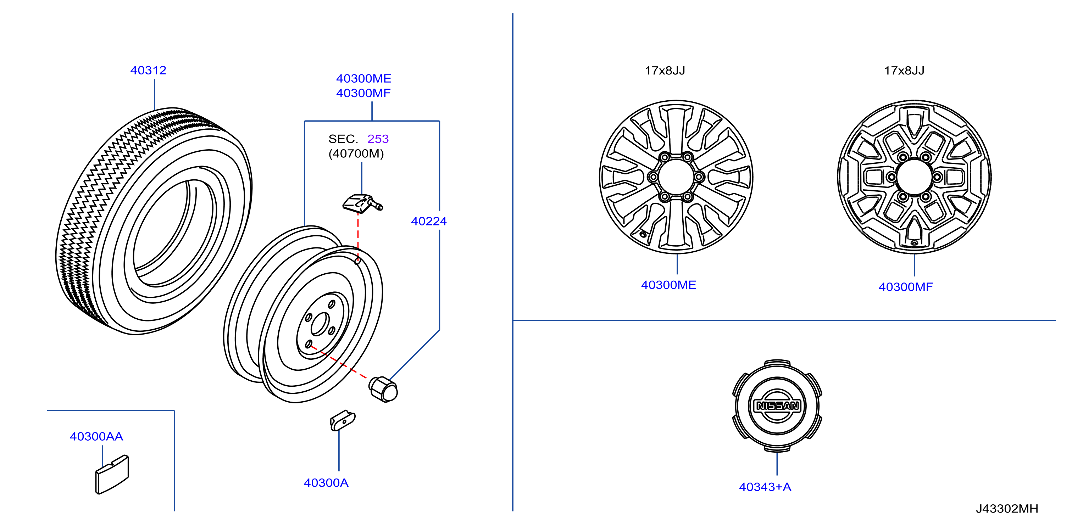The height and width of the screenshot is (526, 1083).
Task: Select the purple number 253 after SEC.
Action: [x=378, y=139]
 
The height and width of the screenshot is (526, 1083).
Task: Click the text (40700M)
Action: [x=356, y=153]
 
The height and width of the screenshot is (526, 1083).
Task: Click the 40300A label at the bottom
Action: [x=326, y=483]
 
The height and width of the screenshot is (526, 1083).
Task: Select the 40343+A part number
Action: [x=765, y=487]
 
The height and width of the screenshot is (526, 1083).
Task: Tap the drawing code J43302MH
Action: [x=1006, y=508]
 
